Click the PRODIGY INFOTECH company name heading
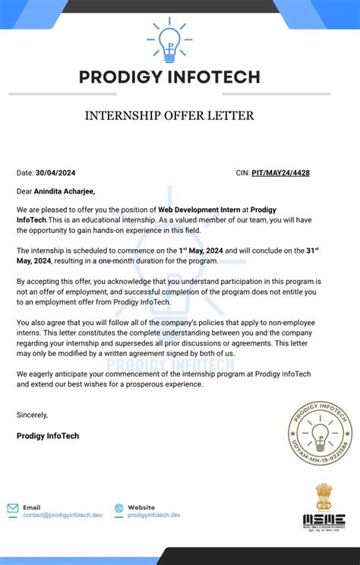pyautogui.click(x=169, y=77)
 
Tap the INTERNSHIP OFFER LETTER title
pyautogui.click(x=169, y=116)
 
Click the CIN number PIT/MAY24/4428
pyautogui.click(x=280, y=173)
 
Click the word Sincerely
pyautogui.click(x=32, y=415)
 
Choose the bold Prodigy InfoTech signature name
pyautogui.click(x=48, y=436)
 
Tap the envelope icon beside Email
pyautogui.click(x=13, y=508)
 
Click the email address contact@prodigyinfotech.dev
pyautogui.click(x=62, y=515)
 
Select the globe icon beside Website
pyautogui.click(x=118, y=508)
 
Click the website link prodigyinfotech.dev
pyautogui.click(x=154, y=515)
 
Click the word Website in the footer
pyautogui.click(x=141, y=507)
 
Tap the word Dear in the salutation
pyautogui.click(x=24, y=191)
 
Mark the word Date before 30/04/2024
pyautogui.click(x=24, y=173)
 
